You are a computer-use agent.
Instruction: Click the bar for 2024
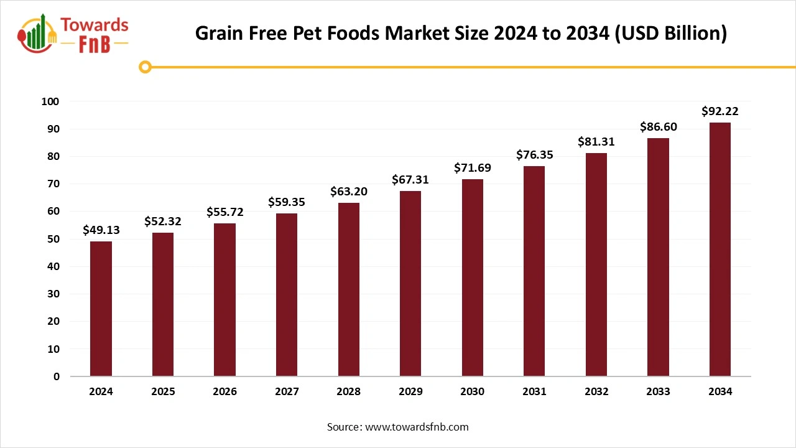coord(101,309)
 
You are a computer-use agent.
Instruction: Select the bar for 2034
coord(720,250)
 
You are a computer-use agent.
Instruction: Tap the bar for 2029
coord(410,284)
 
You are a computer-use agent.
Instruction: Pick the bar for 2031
coord(534,271)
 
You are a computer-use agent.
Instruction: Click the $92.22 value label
coord(720,111)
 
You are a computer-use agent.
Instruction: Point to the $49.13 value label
coord(101,230)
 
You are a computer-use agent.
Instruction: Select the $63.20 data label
coord(349,191)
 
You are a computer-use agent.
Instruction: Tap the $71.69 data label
coord(473,167)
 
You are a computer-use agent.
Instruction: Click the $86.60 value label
coord(659,127)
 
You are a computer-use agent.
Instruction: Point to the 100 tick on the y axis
coord(51,101)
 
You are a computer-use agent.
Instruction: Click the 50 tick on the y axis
coord(53,239)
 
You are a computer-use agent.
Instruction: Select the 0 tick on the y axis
coord(57,376)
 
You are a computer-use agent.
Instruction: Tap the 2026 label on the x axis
coord(225,392)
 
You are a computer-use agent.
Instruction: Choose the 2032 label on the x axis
coord(596,392)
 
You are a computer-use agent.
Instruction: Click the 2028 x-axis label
coord(349,392)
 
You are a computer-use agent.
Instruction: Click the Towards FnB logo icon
coord(37,34)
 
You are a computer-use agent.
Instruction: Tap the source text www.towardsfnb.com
coord(417,427)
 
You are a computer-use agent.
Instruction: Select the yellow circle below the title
coord(145,67)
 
